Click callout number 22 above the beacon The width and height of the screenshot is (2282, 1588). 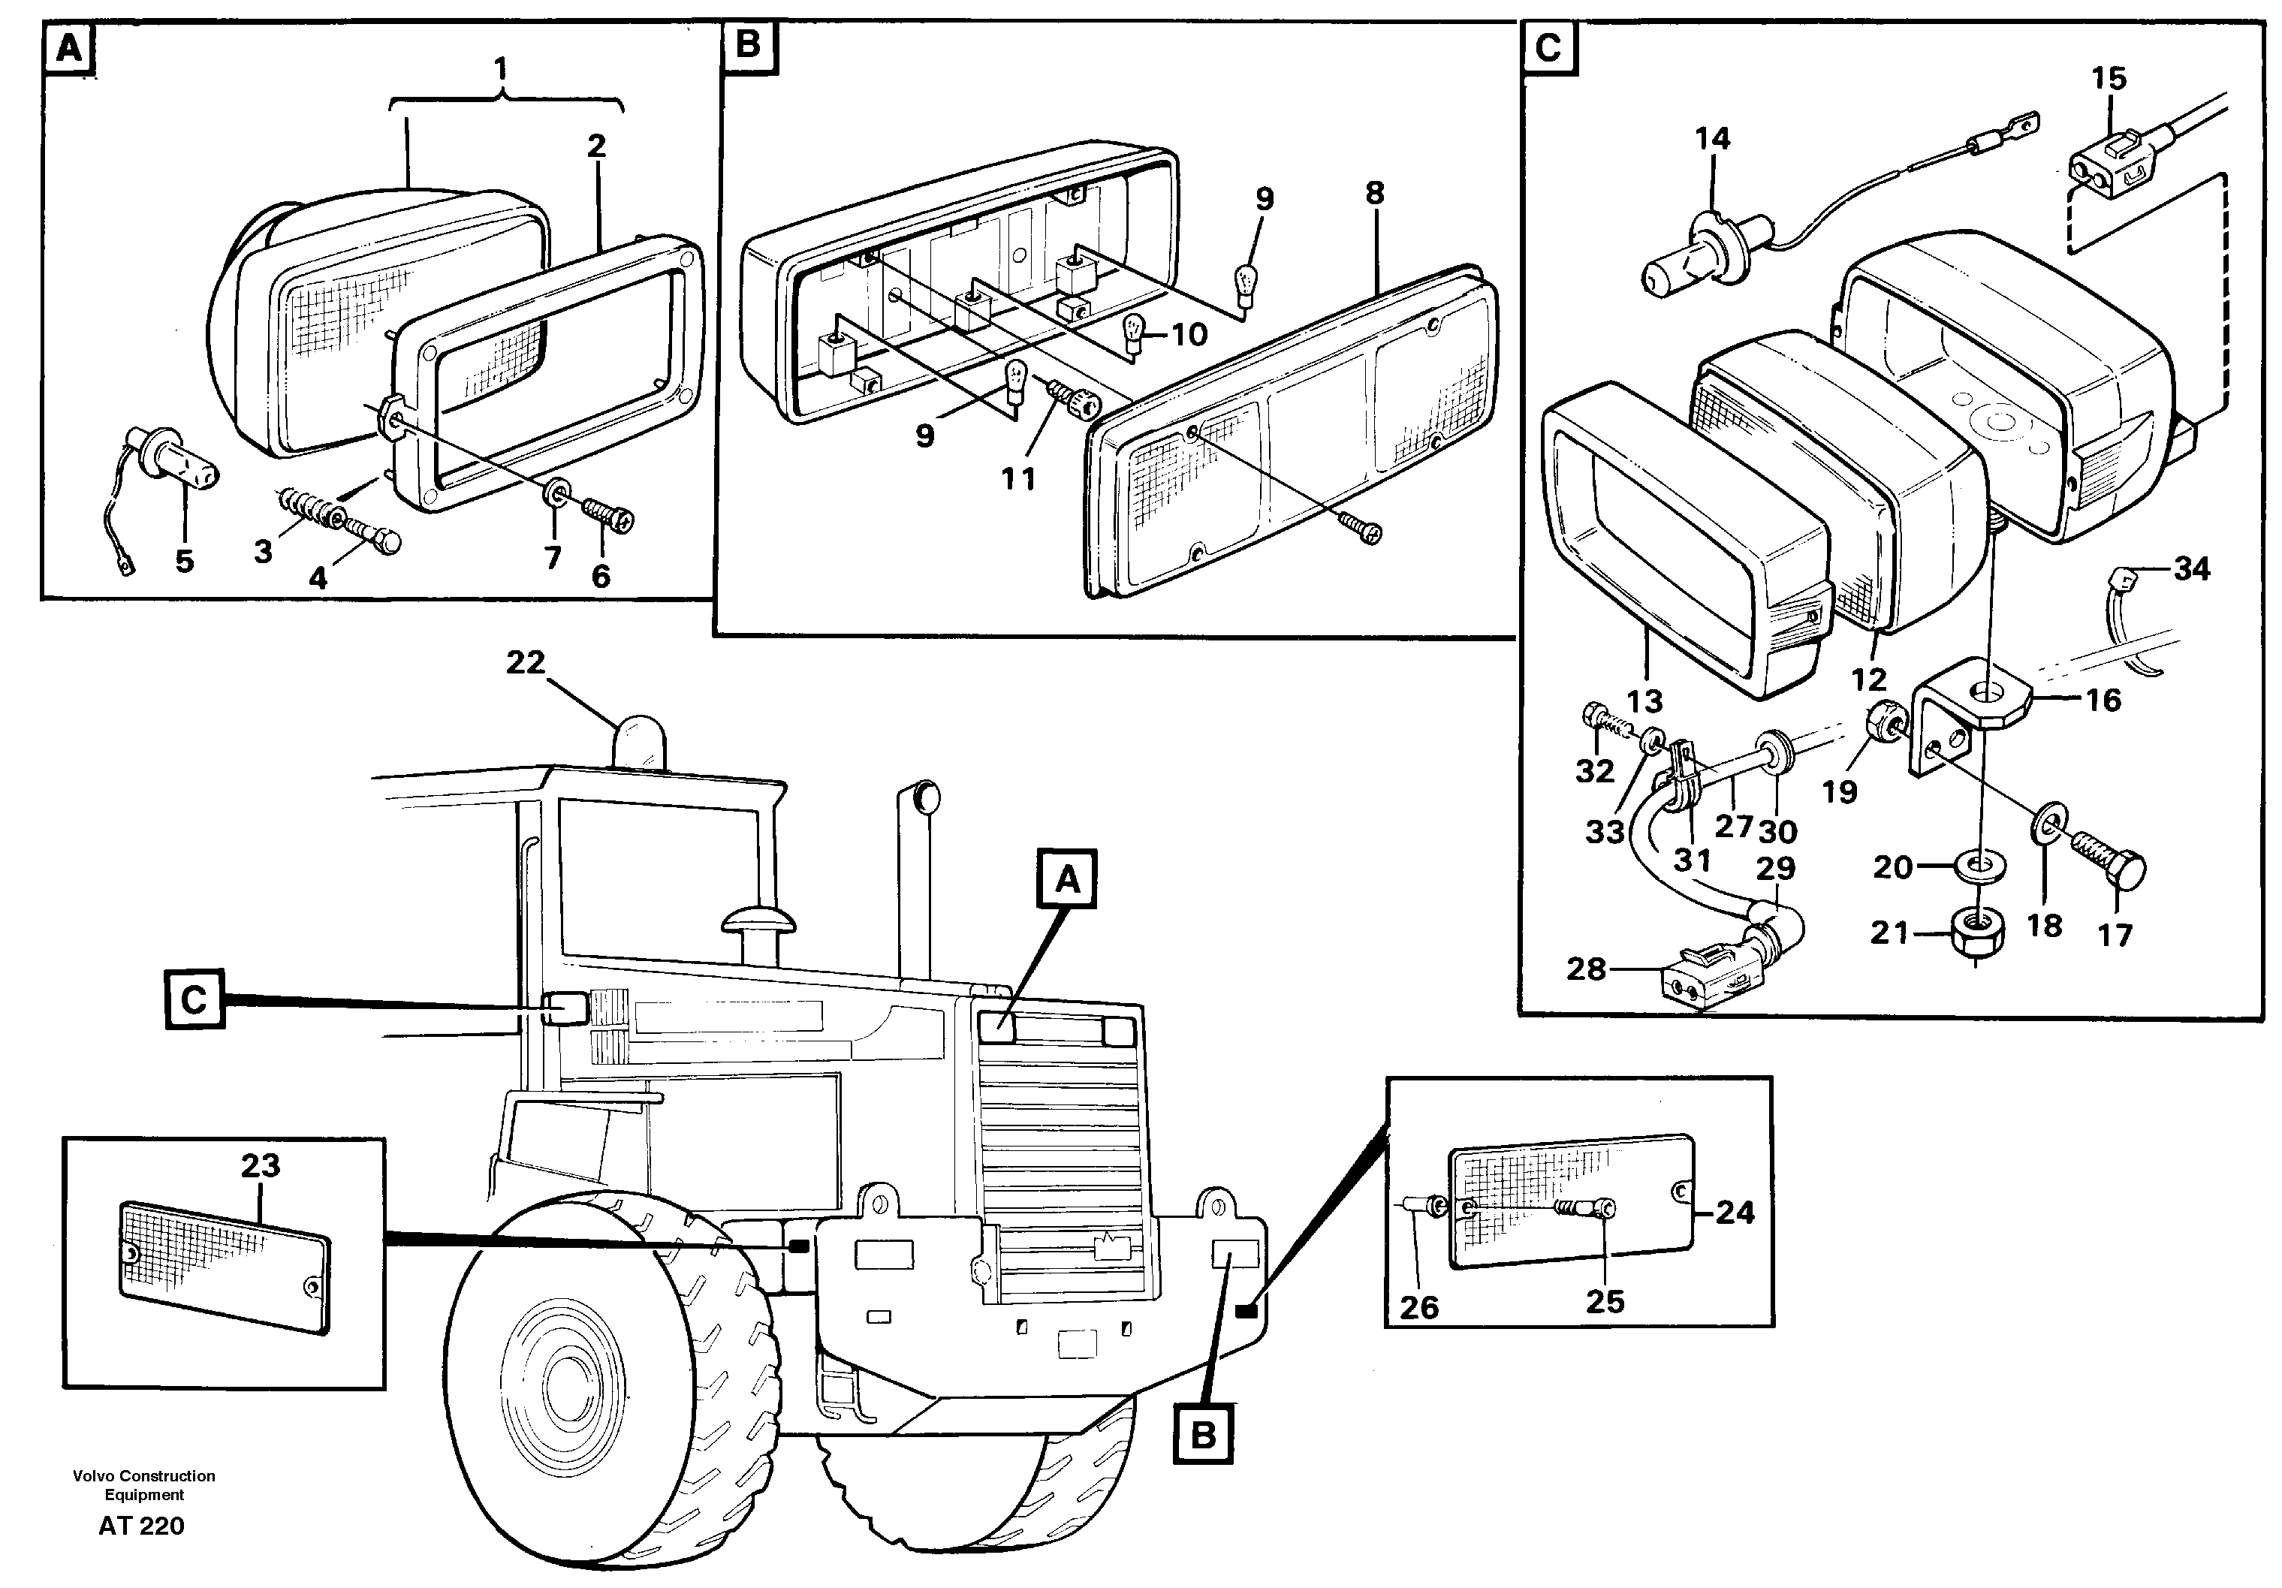(x=526, y=661)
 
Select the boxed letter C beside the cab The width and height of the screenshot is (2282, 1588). (x=194, y=999)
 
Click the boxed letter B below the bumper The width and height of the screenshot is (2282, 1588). (x=1203, y=1434)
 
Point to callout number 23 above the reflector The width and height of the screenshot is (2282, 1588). (x=261, y=1165)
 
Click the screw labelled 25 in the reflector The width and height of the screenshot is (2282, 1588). (x=1588, y=1210)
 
